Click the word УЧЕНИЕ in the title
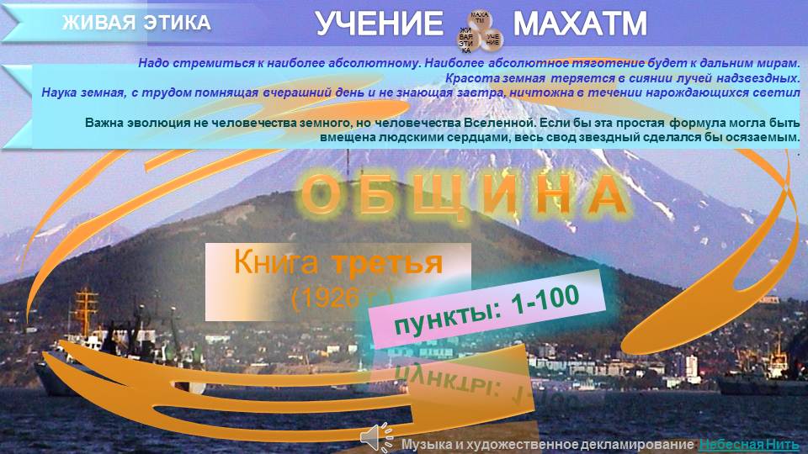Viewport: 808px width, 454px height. (x=379, y=24)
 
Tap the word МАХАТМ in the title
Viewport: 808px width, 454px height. (x=580, y=24)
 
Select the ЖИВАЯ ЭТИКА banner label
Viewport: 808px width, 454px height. (x=136, y=23)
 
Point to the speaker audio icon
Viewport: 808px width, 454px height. (x=375, y=436)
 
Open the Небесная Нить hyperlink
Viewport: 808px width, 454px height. (x=748, y=444)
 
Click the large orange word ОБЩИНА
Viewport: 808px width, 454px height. (x=465, y=195)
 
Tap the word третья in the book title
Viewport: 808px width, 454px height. (x=386, y=263)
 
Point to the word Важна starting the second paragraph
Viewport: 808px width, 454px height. (x=106, y=123)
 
